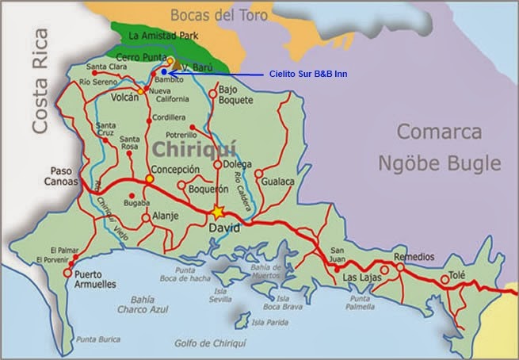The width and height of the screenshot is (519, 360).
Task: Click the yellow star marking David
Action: (218, 213)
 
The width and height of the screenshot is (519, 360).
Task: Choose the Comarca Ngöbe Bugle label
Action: (448, 147)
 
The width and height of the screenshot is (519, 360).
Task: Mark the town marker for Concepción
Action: (149, 178)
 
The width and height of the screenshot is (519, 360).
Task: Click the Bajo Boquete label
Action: (235, 95)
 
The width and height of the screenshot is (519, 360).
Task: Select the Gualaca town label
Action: (279, 182)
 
